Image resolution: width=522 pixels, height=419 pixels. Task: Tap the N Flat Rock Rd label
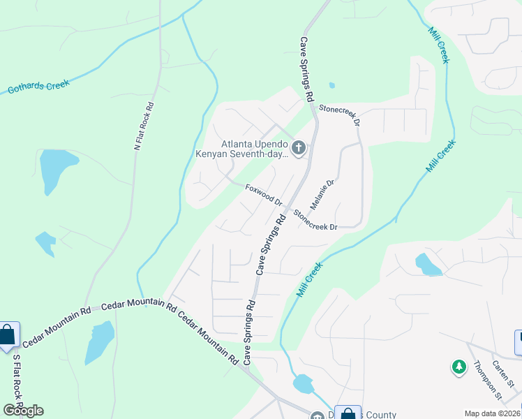144,126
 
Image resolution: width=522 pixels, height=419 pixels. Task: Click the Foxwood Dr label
264,194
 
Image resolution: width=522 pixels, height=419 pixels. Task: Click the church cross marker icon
299,147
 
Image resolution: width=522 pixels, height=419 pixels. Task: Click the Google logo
23,411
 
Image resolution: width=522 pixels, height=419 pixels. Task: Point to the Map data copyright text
493,413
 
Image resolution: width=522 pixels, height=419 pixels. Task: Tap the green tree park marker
459,367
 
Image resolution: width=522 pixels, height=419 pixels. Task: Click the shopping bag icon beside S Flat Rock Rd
7,336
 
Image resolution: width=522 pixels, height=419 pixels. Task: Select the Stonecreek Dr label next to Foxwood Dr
315,220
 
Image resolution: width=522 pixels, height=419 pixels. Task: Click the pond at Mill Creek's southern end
304,383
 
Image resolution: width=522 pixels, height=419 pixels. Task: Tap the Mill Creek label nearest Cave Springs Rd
310,279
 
